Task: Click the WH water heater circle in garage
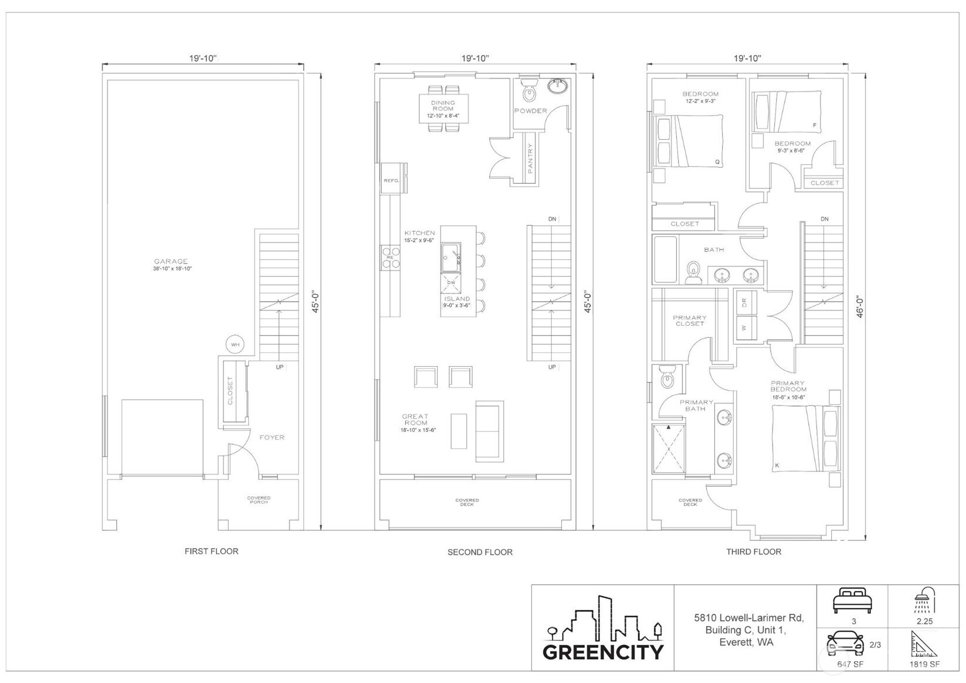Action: tap(235, 344)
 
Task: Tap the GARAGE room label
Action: tap(171, 262)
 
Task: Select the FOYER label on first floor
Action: tap(272, 437)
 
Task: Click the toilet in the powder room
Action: tap(530, 92)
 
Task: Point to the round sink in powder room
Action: tap(558, 87)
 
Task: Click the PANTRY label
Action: tap(530, 158)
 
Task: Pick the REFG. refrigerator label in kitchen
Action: tap(391, 181)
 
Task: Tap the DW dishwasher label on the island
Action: tap(451, 283)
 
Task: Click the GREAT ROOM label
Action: tap(415, 420)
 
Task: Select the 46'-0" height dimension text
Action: tap(860, 306)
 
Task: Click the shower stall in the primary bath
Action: tap(669, 448)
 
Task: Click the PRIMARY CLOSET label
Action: tap(690, 320)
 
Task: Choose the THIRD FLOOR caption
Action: tap(754, 552)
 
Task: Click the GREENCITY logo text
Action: tap(603, 652)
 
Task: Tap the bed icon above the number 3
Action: tap(853, 601)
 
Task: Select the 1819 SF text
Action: tap(924, 664)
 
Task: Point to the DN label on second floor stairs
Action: tap(552, 219)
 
